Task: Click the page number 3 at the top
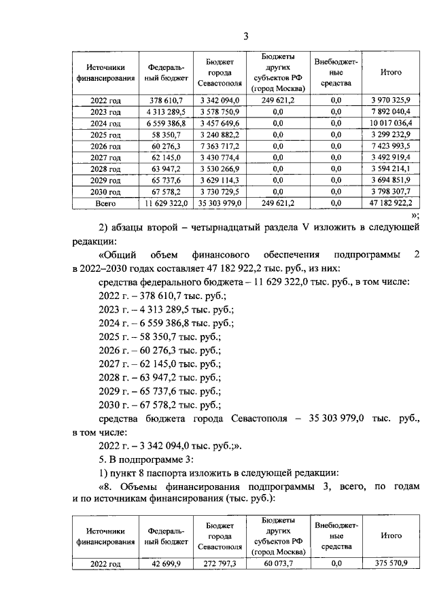247,36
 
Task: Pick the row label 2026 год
105,146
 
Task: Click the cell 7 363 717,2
220,146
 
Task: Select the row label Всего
105,203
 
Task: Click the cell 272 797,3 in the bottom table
220,563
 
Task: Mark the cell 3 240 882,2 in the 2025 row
220,135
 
